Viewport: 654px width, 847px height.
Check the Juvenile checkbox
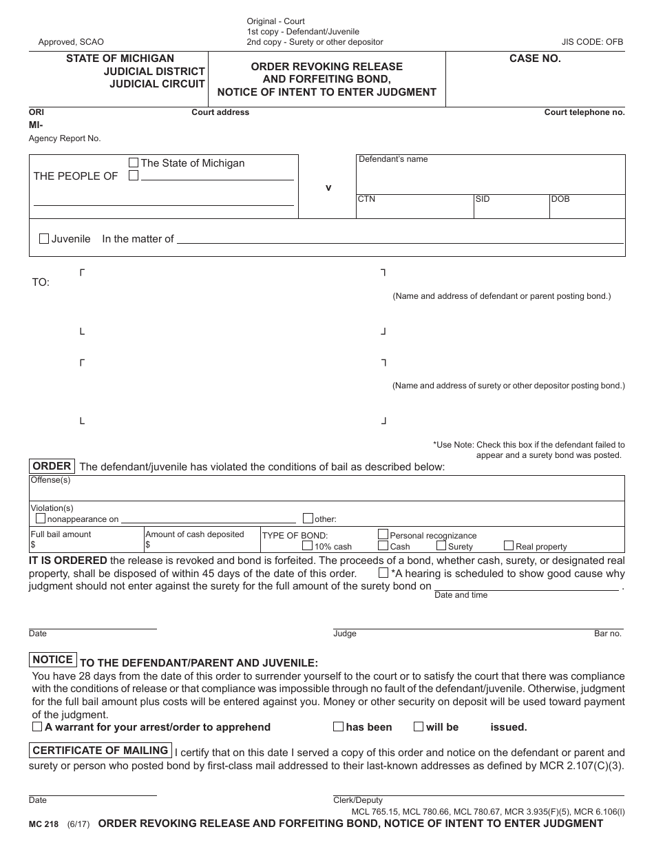pos(44,239)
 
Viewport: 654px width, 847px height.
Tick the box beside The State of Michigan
pos(134,163)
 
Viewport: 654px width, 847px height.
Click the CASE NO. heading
pos(535,59)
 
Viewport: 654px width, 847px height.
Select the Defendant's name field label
pos(393,159)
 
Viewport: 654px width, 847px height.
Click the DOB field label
pos(560,199)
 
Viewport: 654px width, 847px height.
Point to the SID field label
pos(483,199)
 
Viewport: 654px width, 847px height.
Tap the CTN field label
pos(366,199)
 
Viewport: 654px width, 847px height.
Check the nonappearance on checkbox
pos(41,519)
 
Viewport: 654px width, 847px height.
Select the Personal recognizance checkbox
pos(383,534)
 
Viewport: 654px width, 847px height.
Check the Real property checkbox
pos(509,545)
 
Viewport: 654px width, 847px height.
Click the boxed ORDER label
pos(52,466)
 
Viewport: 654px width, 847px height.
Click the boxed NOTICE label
pos(53,660)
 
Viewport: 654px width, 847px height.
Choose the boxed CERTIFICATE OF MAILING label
pos(101,751)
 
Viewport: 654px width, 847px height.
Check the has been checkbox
pos(338,726)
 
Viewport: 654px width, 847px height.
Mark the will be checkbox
pos(419,726)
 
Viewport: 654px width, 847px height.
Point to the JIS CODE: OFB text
pos(593,42)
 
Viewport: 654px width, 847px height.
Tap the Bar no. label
pos(608,634)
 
